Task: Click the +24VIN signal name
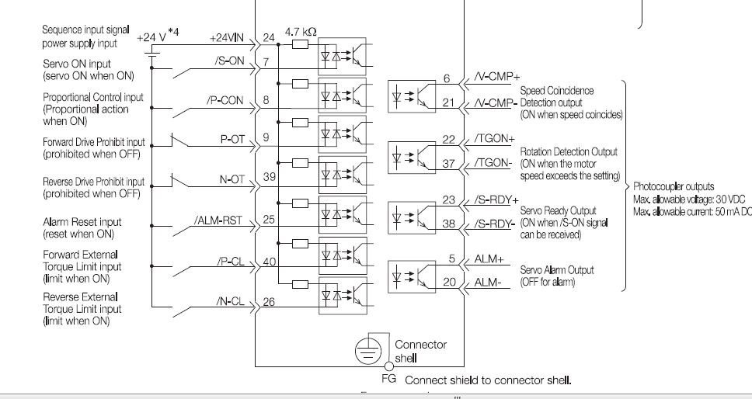(228, 37)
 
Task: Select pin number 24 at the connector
(269, 37)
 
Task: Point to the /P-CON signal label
(225, 100)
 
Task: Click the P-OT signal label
(233, 140)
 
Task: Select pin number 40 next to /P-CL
(270, 262)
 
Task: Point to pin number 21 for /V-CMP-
(448, 102)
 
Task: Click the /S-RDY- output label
(495, 224)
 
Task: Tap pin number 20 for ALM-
(449, 283)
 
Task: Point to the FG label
(389, 380)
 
